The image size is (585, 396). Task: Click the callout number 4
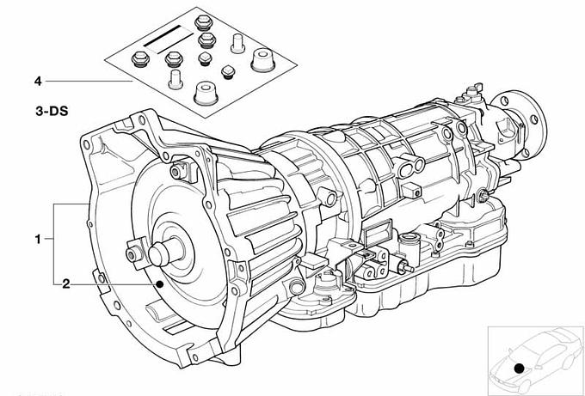coord(38,82)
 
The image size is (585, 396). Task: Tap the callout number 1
coord(38,239)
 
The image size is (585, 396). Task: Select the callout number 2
coord(65,284)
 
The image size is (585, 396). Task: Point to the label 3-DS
coord(52,111)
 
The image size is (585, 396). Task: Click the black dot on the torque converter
coord(160,284)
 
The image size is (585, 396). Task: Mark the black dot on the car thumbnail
coord(519,369)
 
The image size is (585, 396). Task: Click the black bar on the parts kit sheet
coord(163,36)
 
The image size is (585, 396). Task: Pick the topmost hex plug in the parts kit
coord(204,22)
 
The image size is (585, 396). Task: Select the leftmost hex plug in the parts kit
coord(140,59)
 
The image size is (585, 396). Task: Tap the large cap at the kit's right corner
coord(262,60)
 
